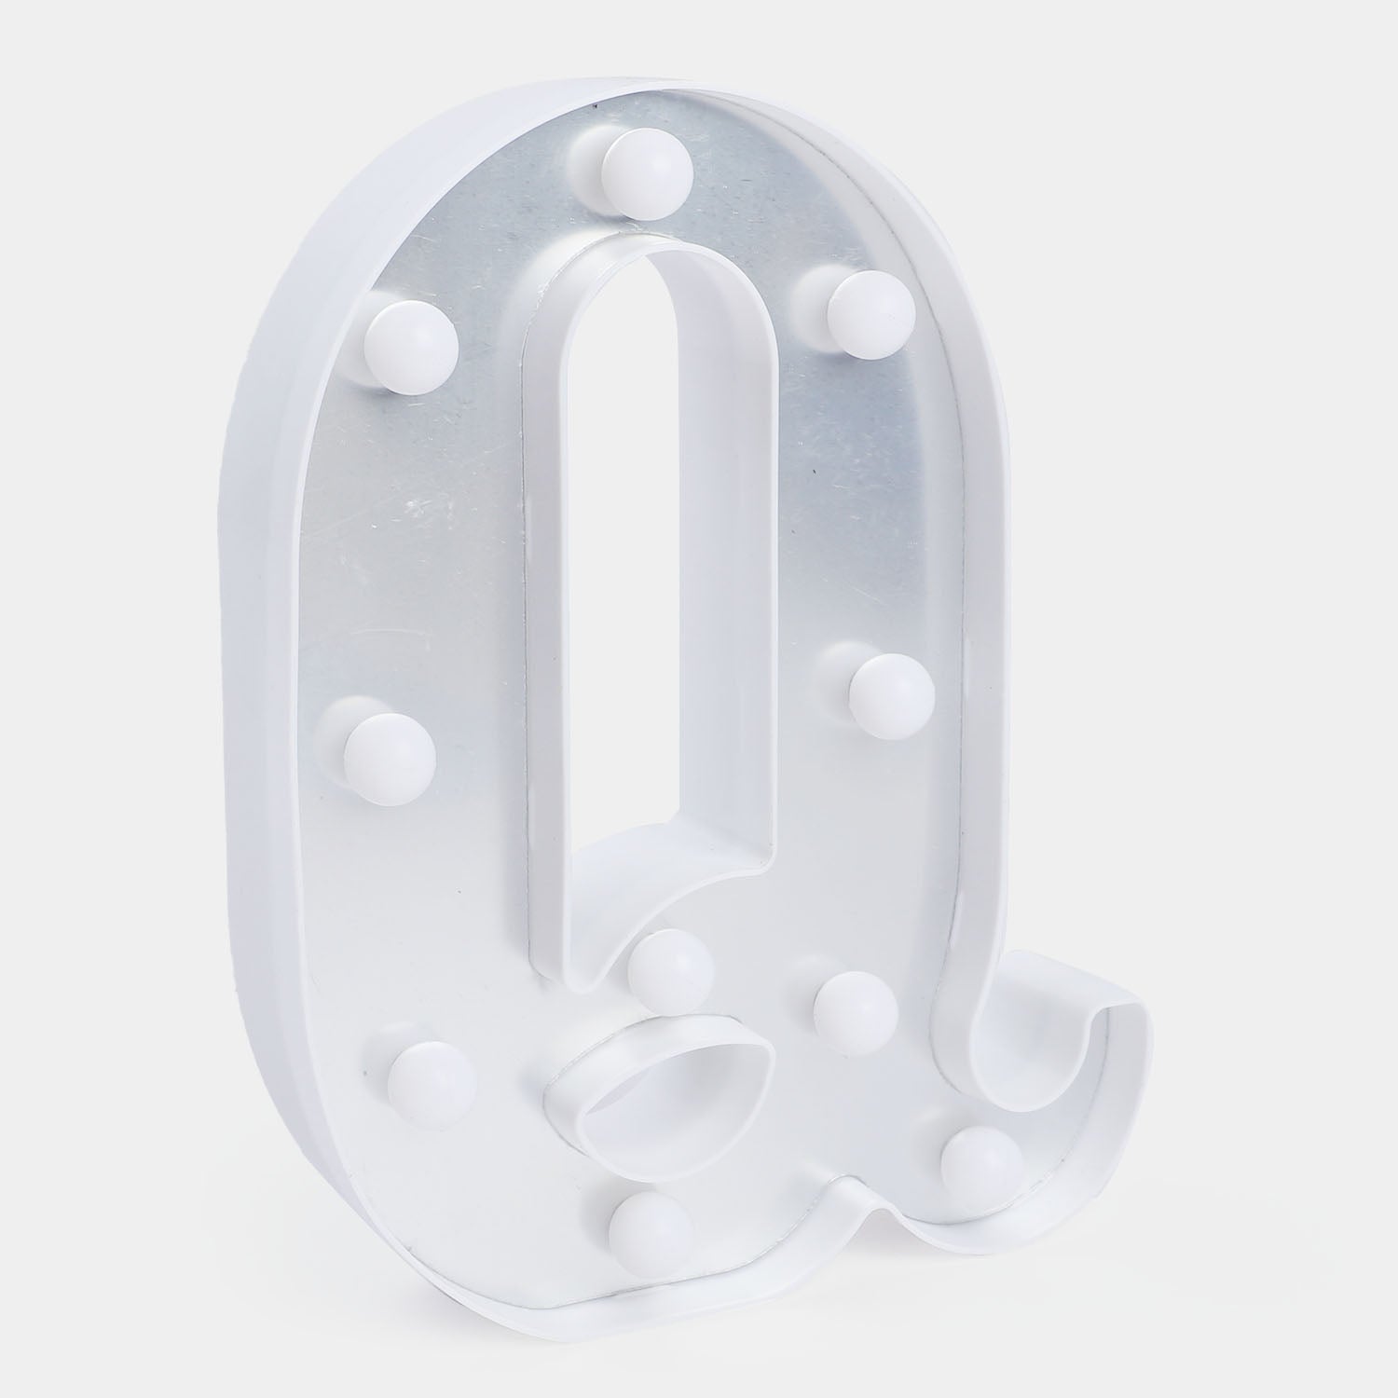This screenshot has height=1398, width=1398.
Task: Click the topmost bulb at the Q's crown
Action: click(646, 172)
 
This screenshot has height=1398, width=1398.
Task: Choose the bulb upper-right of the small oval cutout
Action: click(854, 1012)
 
